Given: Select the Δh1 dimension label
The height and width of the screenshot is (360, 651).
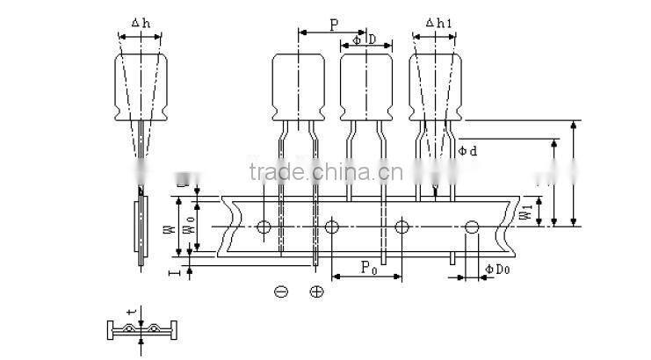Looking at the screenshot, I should [435, 23].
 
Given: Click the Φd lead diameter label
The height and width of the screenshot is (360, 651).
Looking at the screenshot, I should [467, 151].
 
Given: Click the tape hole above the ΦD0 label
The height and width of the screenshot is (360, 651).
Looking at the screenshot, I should [472, 227].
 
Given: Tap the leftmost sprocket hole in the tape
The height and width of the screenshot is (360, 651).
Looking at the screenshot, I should [264, 227].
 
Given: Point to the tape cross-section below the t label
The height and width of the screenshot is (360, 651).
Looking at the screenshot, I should [141, 331].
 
